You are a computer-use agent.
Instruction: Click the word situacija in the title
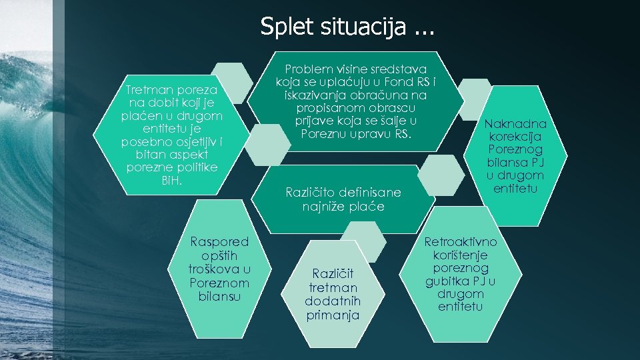click(360, 27)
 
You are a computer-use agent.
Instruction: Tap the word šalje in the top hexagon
click(391, 121)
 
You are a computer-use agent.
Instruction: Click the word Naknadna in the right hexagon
click(515, 124)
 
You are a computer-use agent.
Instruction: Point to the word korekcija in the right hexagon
click(515, 137)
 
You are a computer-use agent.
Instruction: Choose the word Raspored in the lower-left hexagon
click(219, 242)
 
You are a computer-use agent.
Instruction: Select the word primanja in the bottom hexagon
click(333, 315)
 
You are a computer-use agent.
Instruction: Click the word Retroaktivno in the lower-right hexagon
click(461, 241)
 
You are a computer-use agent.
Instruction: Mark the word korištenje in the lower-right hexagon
click(460, 255)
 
